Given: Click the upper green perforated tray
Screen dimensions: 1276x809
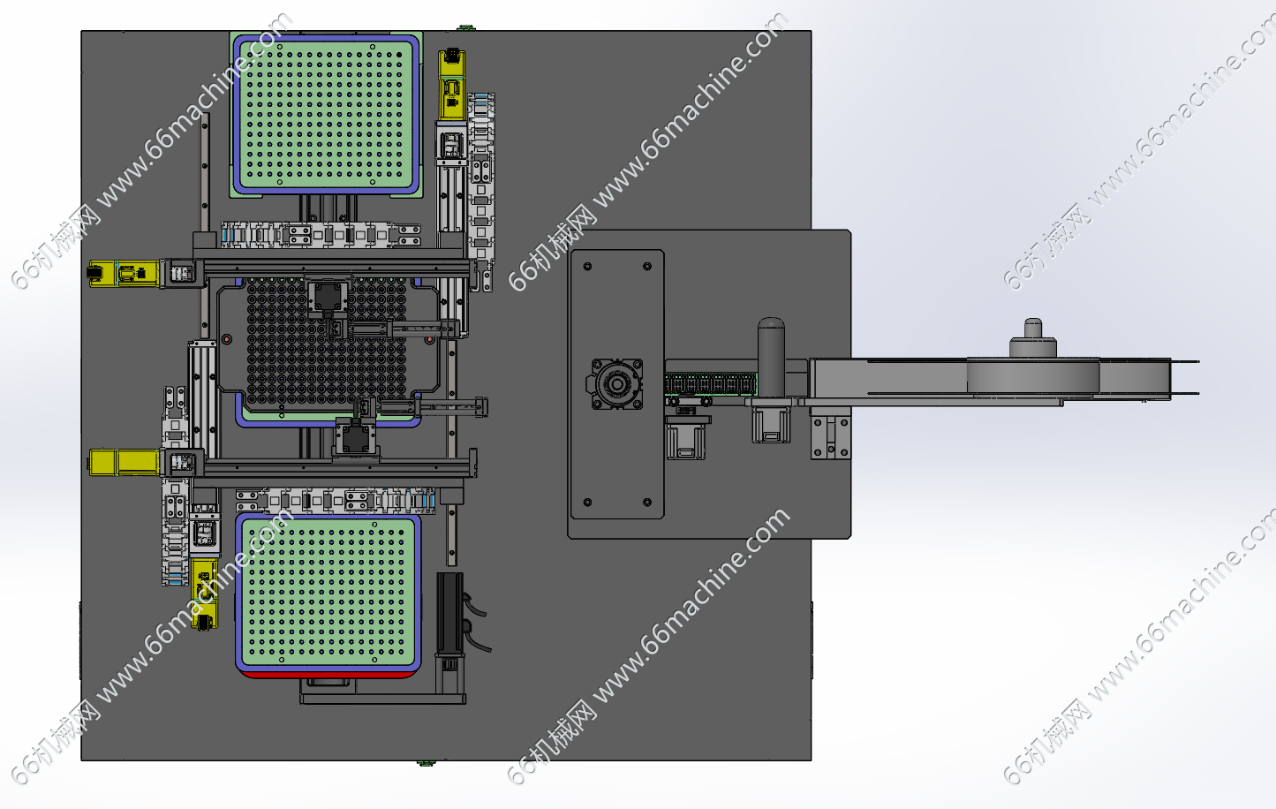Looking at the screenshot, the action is point(327,114).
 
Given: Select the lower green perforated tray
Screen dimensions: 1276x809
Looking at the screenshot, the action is point(328,592).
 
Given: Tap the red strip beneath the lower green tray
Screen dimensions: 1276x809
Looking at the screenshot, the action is point(328,674).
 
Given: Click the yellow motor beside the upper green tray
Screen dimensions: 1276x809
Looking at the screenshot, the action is point(451,85).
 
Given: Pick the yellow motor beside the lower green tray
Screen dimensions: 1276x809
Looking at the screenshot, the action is point(204,594).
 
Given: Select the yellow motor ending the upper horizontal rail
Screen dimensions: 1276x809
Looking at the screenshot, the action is point(123,274).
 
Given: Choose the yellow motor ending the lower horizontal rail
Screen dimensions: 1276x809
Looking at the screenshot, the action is point(124,462).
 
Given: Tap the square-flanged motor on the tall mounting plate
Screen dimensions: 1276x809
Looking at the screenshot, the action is point(615,384).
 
